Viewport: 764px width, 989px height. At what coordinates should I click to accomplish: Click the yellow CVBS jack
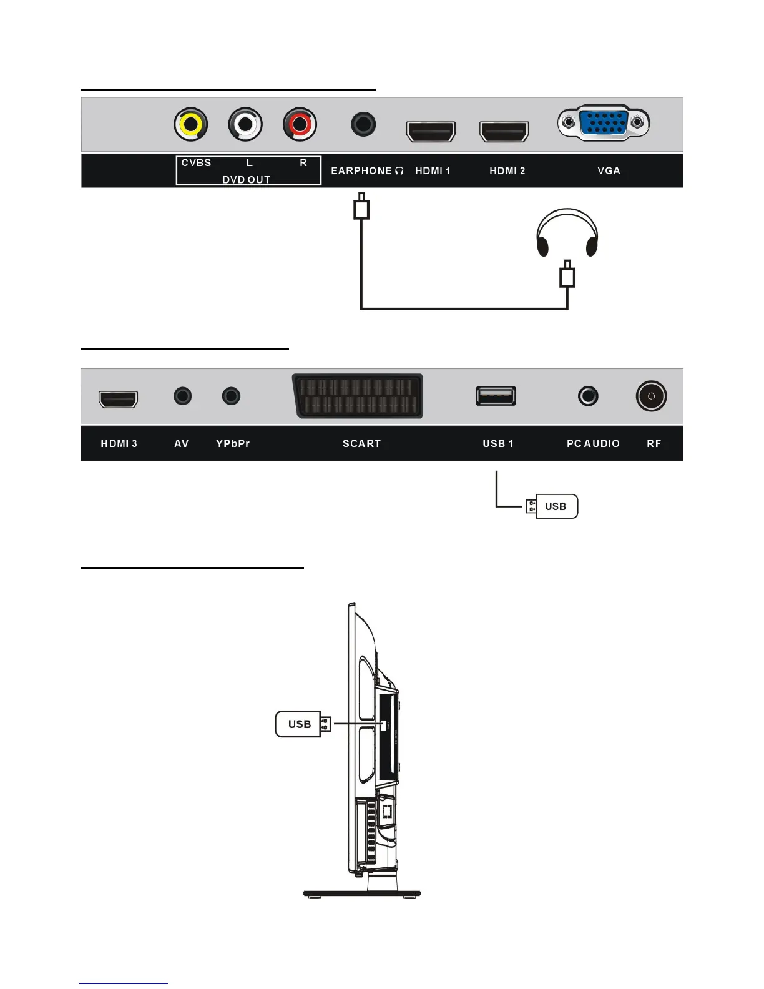(x=190, y=125)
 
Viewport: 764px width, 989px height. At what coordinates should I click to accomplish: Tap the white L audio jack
(x=245, y=125)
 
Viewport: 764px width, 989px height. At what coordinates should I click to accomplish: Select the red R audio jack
(x=300, y=125)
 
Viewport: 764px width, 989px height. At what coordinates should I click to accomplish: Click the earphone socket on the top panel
(x=363, y=124)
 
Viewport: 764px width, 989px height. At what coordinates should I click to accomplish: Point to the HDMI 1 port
(x=431, y=132)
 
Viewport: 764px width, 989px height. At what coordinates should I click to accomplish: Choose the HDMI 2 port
(x=504, y=132)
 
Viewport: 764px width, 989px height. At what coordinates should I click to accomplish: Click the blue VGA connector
(x=603, y=123)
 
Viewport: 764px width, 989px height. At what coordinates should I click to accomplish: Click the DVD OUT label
(x=247, y=180)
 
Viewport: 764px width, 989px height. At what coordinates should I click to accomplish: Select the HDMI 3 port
(x=118, y=399)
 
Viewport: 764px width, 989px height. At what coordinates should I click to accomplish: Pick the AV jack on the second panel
(x=182, y=396)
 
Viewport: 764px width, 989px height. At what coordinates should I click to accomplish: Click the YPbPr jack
(x=232, y=396)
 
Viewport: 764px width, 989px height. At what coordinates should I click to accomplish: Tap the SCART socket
(x=358, y=396)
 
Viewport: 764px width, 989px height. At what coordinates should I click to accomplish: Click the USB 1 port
(x=496, y=396)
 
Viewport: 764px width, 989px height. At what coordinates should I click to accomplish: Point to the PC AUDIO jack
(x=588, y=396)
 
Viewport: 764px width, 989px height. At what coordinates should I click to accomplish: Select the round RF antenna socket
(x=651, y=396)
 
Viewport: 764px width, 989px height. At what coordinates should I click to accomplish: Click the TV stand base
(x=362, y=894)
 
